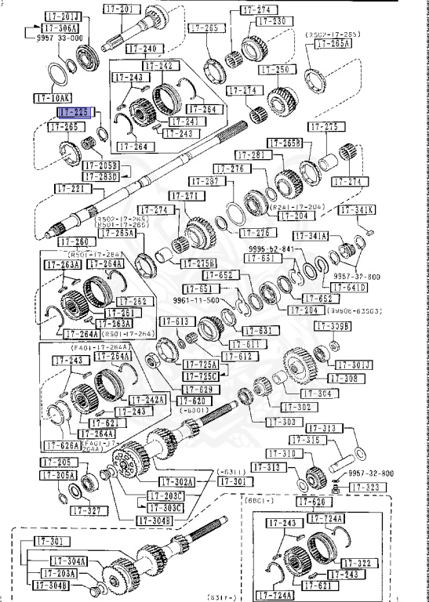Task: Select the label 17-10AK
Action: pos(53,98)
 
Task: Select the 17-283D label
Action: pos(102,176)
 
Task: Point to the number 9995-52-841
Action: pos(271,248)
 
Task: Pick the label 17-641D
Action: pos(350,287)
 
